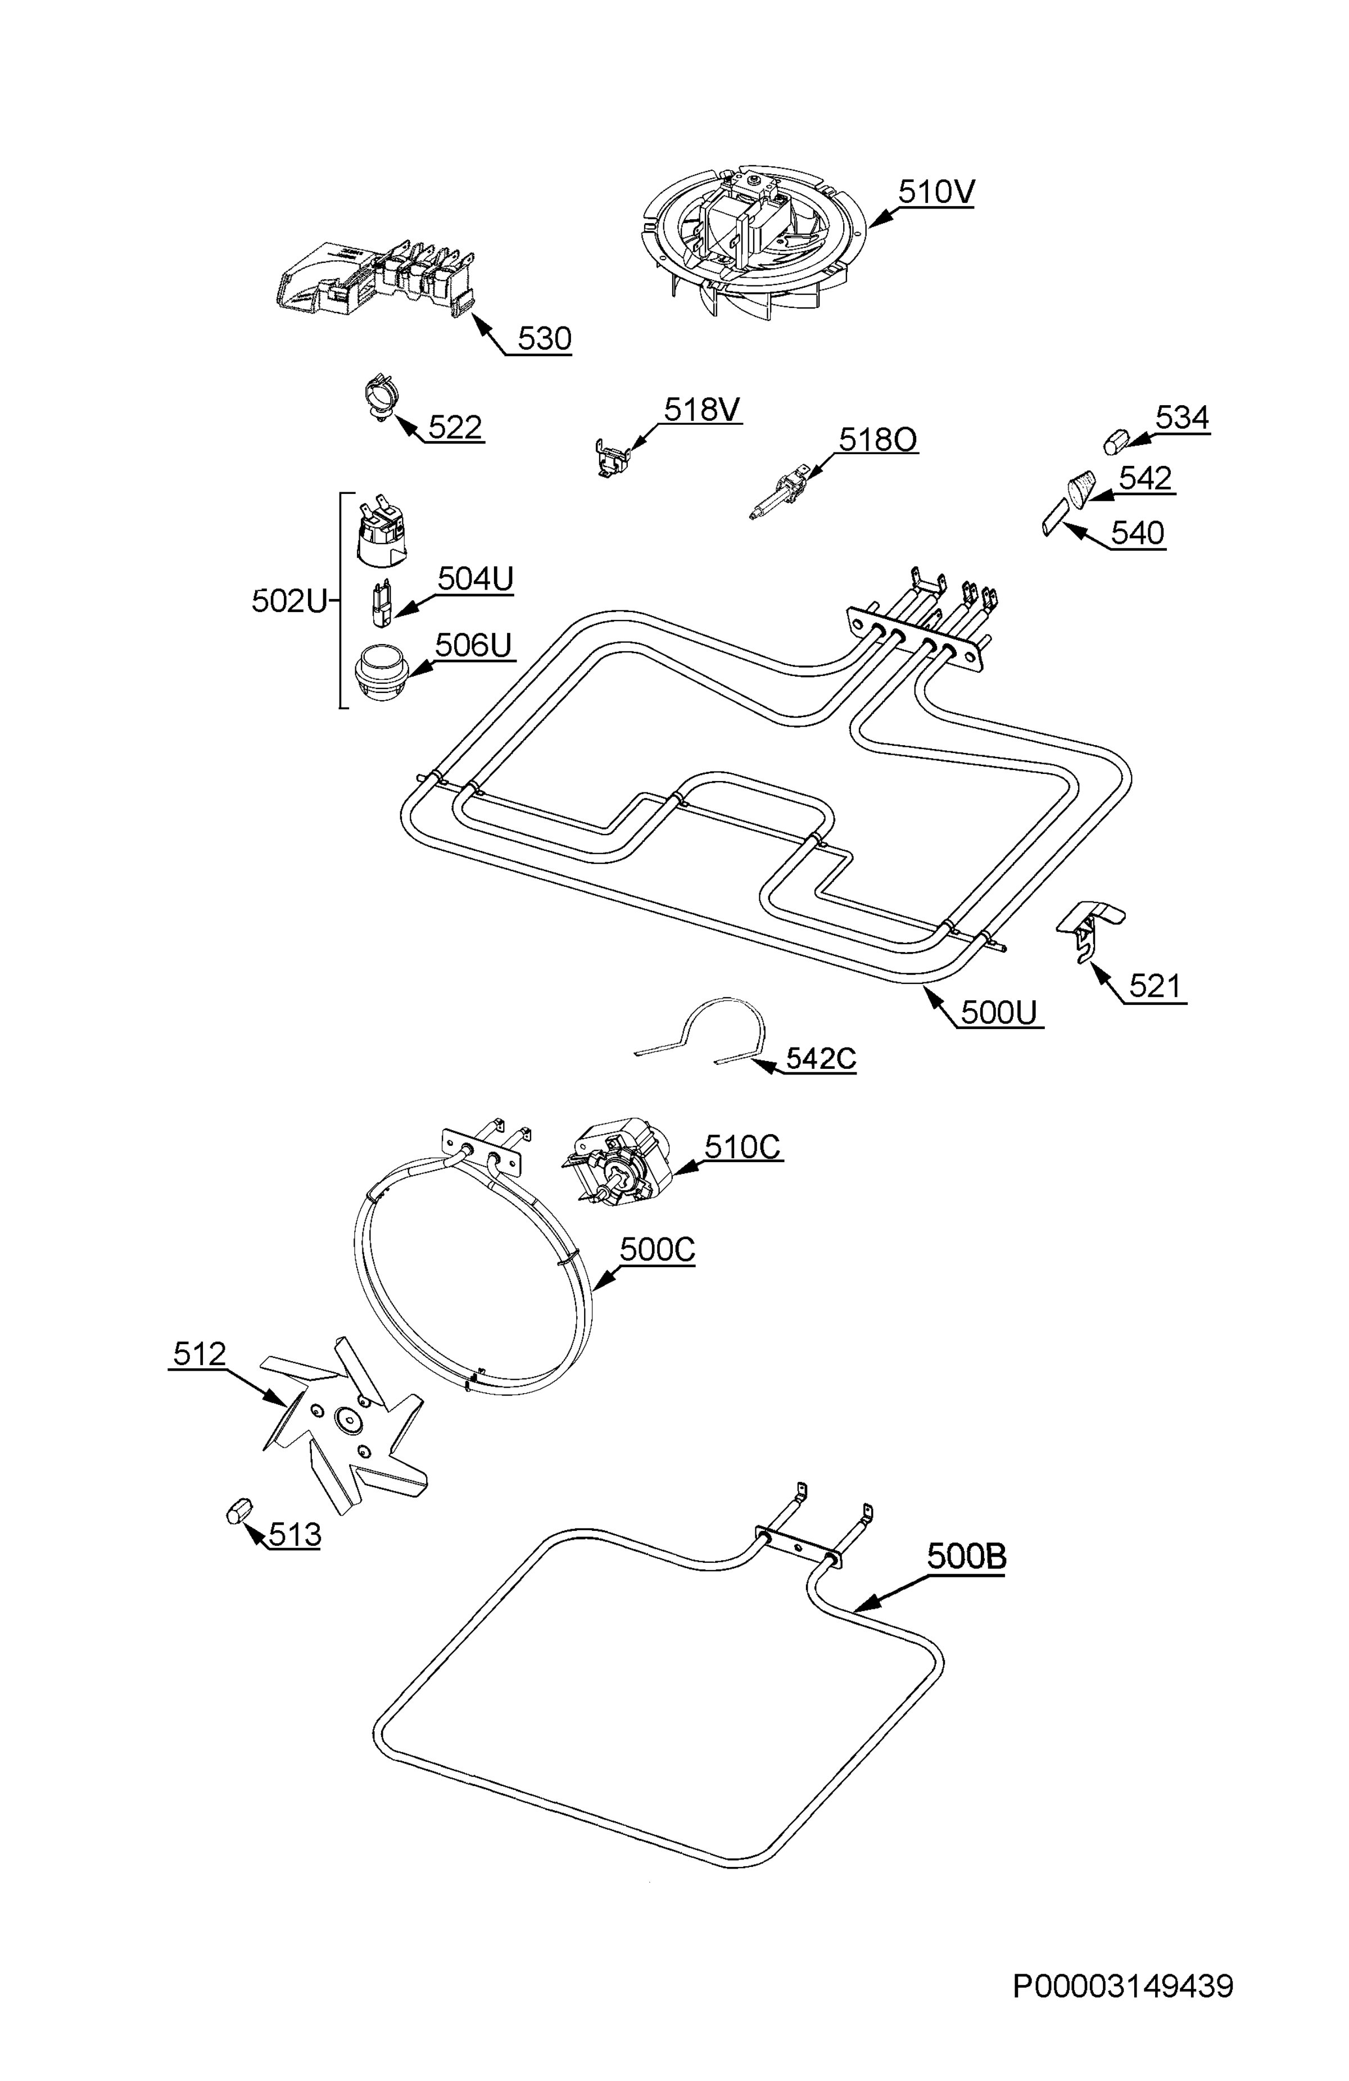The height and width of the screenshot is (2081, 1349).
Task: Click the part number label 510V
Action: pos(935,192)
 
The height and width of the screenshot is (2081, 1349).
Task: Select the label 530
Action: pos(544,338)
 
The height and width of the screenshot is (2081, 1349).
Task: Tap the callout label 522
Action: pos(455,428)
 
